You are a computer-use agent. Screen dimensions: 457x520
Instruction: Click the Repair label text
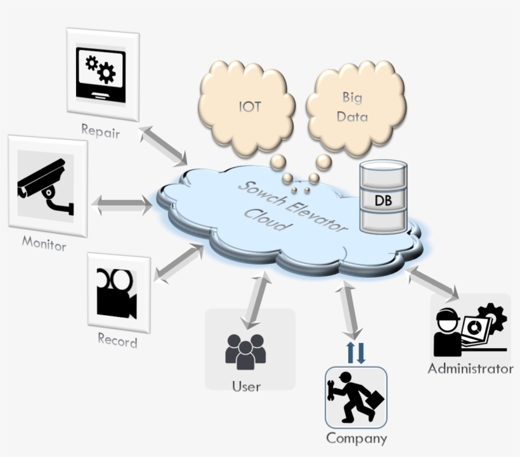click(100, 131)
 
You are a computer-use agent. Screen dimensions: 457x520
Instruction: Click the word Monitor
click(44, 242)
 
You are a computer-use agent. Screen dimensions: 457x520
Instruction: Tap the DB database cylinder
click(383, 197)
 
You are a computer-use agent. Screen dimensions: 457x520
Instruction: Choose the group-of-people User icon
click(245, 351)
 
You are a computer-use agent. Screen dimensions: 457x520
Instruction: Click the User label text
click(245, 385)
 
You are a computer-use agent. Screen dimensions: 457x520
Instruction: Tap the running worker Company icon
click(356, 397)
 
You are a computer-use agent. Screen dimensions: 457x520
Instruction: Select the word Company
click(356, 437)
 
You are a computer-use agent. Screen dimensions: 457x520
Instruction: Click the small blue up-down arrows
click(356, 353)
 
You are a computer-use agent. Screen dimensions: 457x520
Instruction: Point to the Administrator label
click(470, 368)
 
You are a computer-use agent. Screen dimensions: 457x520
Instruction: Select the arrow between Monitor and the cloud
click(122, 204)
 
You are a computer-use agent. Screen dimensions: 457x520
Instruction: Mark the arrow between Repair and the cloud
click(163, 146)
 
